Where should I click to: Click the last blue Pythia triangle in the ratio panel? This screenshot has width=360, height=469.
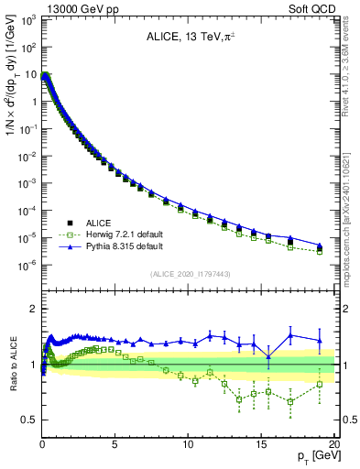point(320,341)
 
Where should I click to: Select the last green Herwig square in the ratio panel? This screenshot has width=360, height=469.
point(320,385)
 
